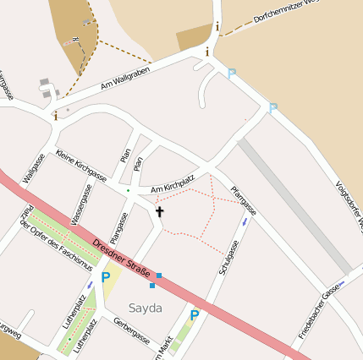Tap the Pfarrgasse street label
[x=243, y=202]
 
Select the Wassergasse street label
[x=82, y=209]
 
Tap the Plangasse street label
[x=118, y=215]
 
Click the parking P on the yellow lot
[x=106, y=276]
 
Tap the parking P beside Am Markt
[x=194, y=315]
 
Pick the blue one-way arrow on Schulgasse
[x=245, y=221]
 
